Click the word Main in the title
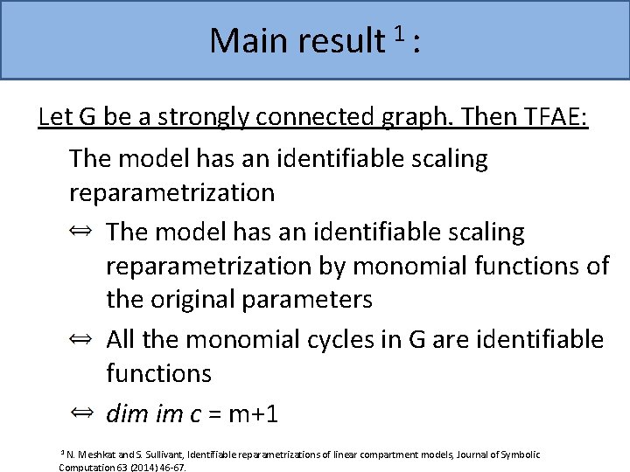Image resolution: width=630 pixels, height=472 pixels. [x=248, y=40]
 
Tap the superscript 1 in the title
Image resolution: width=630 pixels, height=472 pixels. [x=398, y=34]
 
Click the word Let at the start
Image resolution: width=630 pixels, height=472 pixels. [x=57, y=117]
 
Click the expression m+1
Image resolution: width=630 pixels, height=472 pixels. [x=254, y=413]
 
